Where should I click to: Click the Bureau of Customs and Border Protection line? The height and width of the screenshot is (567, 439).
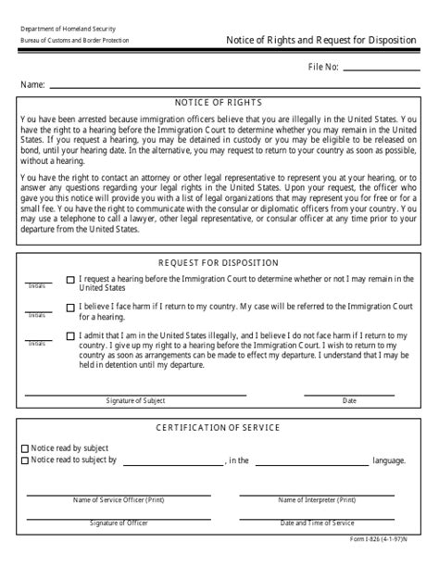coord(75,42)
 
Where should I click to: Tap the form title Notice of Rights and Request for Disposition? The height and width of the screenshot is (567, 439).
coord(321,40)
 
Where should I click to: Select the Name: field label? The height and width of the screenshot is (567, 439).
coord(32,84)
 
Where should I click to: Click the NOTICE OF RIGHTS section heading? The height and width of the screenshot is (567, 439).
coord(219,103)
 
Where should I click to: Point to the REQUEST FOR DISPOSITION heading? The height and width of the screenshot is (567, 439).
coord(219,262)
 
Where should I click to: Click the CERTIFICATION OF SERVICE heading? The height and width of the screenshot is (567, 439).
coord(219,427)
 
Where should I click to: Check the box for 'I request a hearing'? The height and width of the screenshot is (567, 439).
coord(71,280)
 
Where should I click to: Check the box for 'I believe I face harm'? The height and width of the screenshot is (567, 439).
coord(71,308)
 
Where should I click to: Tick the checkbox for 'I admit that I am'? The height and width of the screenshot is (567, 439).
coord(71,336)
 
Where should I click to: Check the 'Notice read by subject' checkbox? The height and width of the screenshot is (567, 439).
coord(25,447)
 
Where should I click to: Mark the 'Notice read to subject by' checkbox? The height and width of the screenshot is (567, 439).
coord(25,459)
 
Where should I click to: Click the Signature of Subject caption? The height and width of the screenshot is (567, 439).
coord(135,401)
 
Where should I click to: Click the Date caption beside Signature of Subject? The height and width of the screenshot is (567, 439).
coord(349,401)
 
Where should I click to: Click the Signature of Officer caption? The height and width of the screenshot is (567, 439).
coord(119,523)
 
